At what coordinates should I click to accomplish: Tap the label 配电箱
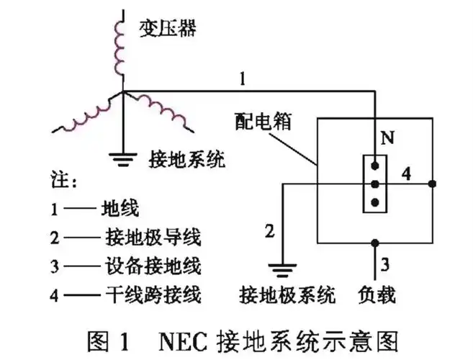pyautogui.click(x=258, y=120)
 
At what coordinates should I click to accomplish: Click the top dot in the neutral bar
pyautogui.click(x=374, y=170)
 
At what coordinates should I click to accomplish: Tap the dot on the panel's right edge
pyautogui.click(x=431, y=184)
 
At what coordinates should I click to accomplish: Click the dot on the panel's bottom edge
pyautogui.click(x=374, y=242)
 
